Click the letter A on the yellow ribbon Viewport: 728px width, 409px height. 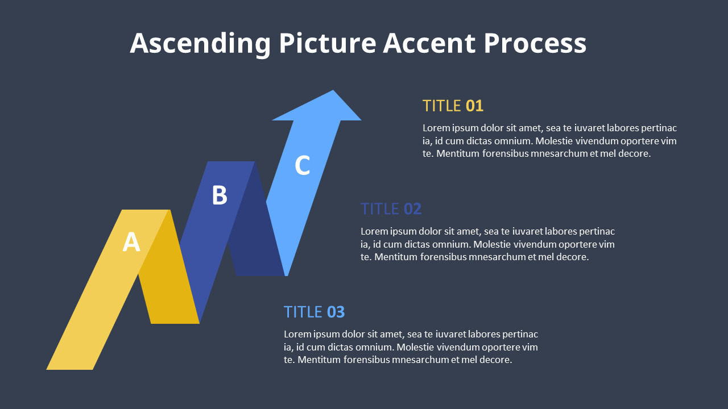tap(131, 243)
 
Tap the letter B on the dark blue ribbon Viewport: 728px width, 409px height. tap(220, 195)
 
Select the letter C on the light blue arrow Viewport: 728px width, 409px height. tap(302, 165)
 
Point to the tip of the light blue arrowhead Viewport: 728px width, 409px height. tap(333, 91)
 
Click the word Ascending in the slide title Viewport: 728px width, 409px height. tap(201, 44)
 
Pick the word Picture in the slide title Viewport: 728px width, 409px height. tap(327, 44)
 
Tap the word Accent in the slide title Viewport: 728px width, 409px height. tap(429, 44)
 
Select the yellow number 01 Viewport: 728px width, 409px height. tap(474, 106)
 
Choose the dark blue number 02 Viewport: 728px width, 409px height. tap(412, 209)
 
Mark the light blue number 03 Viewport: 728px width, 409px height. tap(336, 312)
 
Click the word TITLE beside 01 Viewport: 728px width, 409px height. tap(441, 106)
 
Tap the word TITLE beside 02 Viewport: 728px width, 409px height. tap(379, 209)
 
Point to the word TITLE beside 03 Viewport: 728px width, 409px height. tap(303, 312)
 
